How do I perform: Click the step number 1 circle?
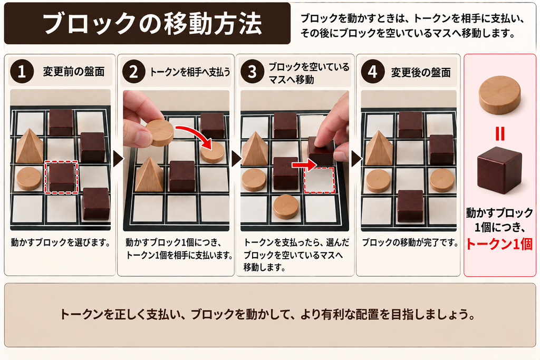(22, 72)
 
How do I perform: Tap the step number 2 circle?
(133, 72)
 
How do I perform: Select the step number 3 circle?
(253, 72)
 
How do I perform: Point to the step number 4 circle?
(373, 72)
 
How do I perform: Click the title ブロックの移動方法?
(152, 24)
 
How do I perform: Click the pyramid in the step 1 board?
(30, 146)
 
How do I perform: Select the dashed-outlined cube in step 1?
(61, 178)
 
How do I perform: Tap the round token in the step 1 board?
(29, 179)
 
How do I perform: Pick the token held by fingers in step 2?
(160, 132)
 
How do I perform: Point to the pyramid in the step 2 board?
(149, 174)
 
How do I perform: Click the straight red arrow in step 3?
(304, 165)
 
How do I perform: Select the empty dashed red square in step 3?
(319, 180)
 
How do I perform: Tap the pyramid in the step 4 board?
(379, 148)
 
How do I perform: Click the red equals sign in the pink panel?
(500, 133)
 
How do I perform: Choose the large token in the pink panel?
(500, 94)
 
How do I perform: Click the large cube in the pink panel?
(499, 170)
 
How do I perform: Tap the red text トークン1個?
(499, 244)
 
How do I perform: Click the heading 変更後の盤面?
(421, 72)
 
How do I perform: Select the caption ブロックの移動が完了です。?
(410, 242)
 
